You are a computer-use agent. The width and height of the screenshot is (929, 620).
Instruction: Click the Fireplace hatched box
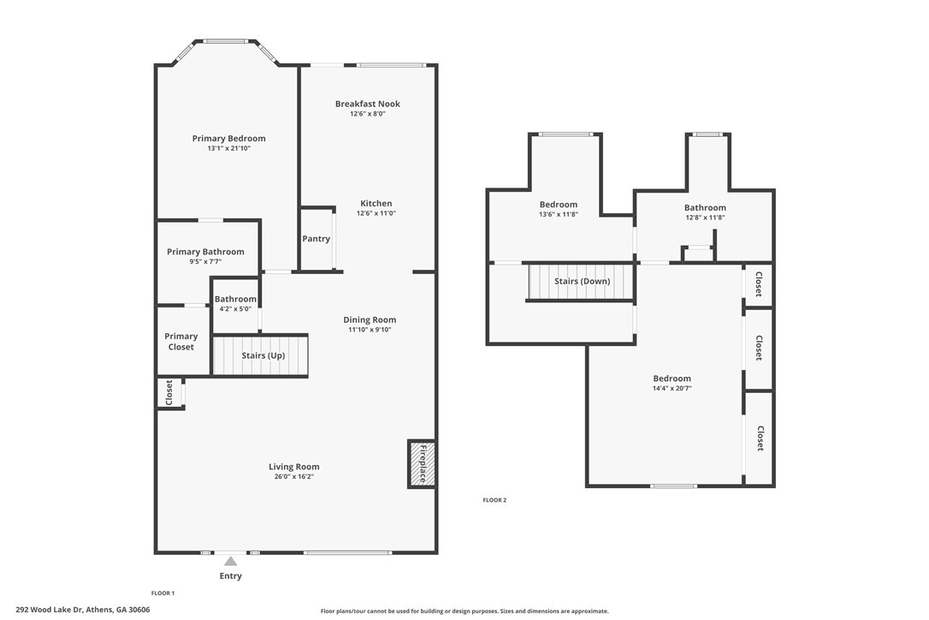(422, 464)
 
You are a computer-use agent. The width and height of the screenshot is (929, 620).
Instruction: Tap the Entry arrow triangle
(230, 561)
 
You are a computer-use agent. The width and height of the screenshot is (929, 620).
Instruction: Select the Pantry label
(317, 239)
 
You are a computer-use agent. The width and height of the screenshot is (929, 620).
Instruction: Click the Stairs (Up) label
(263, 355)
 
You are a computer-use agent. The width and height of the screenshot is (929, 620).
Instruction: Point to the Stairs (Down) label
(582, 281)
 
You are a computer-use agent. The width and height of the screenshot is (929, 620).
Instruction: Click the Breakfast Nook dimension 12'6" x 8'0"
(367, 114)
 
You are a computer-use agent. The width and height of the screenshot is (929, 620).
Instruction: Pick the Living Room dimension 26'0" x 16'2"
(294, 476)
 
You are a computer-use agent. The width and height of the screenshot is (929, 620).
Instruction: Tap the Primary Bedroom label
(228, 138)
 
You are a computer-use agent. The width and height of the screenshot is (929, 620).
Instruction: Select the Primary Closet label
(180, 342)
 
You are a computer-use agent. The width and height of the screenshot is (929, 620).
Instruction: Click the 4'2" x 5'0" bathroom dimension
(235, 308)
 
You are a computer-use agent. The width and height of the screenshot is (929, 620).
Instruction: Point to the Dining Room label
(370, 319)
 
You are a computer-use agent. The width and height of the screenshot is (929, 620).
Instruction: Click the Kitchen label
(376, 203)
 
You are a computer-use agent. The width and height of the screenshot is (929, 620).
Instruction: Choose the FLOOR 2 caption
(494, 500)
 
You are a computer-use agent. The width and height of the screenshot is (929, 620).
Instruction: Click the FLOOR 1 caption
(163, 593)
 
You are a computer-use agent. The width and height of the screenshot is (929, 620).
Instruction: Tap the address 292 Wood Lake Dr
(50, 610)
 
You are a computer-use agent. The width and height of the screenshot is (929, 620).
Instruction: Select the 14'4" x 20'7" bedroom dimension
(672, 389)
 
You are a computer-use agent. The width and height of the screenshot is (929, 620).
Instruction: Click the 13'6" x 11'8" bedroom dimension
(558, 214)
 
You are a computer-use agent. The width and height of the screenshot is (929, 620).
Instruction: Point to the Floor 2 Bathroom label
(705, 207)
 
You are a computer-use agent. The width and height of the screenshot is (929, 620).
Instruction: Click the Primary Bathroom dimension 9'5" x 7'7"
(205, 261)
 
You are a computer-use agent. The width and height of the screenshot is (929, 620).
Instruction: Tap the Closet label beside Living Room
(169, 393)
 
